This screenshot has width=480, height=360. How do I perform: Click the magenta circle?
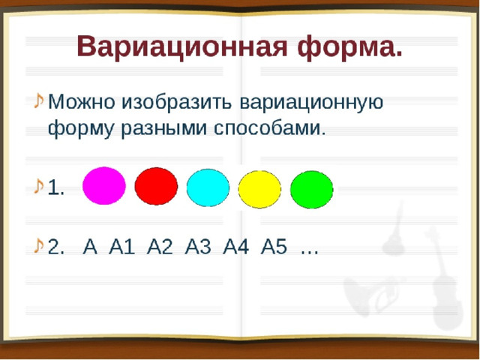(x=104, y=186)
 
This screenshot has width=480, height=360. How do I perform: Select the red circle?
(x=156, y=186)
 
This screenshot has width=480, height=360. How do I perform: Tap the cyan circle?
(x=208, y=187)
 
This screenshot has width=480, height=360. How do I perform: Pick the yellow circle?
(x=259, y=190)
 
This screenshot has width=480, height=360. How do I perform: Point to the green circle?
(x=312, y=190)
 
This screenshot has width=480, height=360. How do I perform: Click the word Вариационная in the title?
(x=182, y=46)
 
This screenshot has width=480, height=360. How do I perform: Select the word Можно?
(x=82, y=102)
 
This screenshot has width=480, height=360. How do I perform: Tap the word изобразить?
(x=177, y=102)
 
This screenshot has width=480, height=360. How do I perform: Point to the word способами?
(x=269, y=128)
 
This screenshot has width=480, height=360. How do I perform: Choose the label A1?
(x=121, y=247)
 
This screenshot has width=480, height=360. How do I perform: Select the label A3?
(x=198, y=247)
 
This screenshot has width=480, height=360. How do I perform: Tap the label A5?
(x=274, y=247)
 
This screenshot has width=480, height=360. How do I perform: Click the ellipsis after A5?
(x=310, y=252)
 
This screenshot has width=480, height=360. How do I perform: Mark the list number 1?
(x=55, y=187)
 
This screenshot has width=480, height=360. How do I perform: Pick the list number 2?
(x=56, y=247)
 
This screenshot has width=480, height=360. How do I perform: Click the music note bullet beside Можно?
(x=38, y=100)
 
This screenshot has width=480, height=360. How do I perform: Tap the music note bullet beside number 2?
(x=38, y=245)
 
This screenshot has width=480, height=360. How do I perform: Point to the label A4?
(x=235, y=247)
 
